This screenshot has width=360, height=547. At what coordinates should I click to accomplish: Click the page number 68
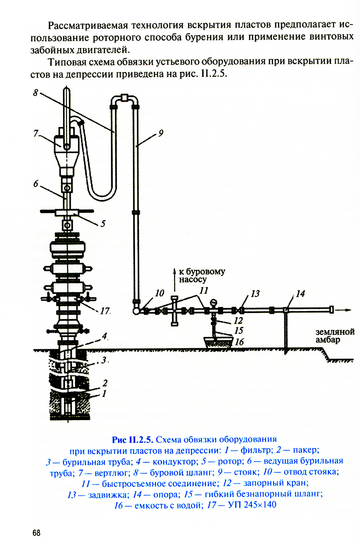click(36, 533)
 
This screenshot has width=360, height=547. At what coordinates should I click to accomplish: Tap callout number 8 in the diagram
click(36, 93)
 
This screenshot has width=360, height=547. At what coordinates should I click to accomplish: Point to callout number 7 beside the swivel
click(36, 134)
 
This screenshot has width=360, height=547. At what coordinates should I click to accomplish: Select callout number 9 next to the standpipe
click(161, 133)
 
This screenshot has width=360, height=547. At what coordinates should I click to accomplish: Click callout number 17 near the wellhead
click(105, 311)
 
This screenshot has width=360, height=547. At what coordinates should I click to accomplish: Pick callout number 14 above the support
click(300, 294)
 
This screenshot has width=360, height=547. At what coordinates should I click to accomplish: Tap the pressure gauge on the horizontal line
click(213, 302)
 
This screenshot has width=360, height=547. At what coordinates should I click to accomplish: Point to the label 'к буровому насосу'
click(202, 275)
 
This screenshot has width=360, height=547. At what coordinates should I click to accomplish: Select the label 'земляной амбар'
click(335, 336)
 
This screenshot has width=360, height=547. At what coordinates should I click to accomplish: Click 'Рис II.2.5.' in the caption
click(132, 439)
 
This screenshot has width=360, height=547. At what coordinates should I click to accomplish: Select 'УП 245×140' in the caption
click(252, 504)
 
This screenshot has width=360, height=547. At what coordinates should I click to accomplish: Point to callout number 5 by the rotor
click(103, 223)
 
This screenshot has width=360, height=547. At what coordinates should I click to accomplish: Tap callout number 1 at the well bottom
click(104, 394)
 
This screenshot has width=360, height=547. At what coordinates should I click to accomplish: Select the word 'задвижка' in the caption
click(108, 495)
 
